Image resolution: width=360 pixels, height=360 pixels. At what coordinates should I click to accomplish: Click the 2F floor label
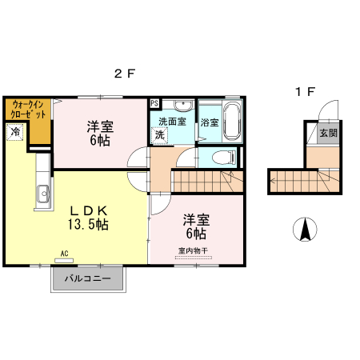click(123, 74)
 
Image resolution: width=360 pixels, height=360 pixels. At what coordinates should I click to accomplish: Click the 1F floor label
click(304, 92)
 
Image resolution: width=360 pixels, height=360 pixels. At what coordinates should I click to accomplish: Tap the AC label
click(64, 256)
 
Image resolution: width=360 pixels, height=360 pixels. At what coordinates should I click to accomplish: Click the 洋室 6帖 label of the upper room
click(100, 132)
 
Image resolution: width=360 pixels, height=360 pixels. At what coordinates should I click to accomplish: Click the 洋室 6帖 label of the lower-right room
click(196, 226)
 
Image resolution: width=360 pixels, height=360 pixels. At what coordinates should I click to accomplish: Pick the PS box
click(154, 103)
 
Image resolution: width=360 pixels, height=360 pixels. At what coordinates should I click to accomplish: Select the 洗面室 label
click(171, 122)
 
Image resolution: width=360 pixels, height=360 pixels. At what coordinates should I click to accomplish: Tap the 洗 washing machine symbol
click(160, 136)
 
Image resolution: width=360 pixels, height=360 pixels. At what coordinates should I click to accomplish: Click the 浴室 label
click(210, 123)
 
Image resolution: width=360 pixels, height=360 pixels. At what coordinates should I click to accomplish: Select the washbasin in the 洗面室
click(182, 106)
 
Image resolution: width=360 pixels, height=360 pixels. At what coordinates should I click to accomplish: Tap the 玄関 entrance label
click(327, 134)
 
